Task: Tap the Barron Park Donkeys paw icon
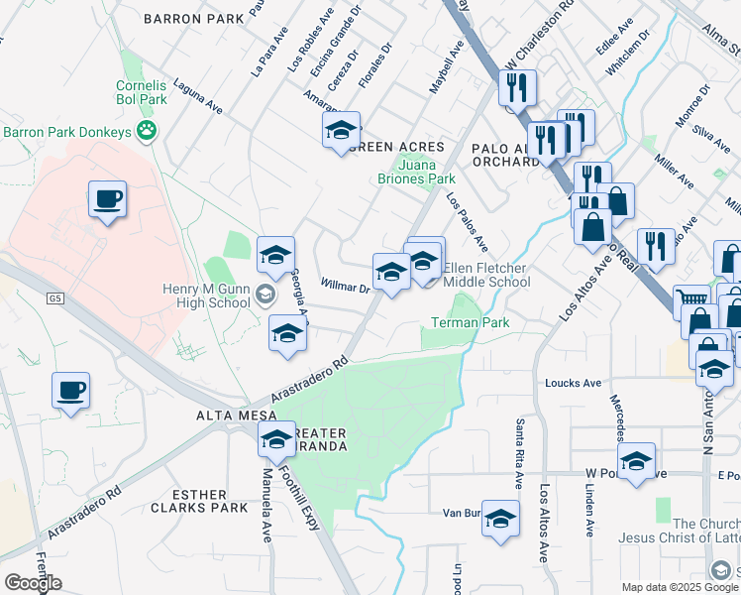click(148, 131)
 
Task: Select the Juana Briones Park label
click(415, 173)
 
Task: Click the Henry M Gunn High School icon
click(265, 294)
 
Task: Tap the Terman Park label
click(470, 323)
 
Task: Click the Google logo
click(33, 583)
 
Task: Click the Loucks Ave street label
click(573, 383)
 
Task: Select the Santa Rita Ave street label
click(518, 453)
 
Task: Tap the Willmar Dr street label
click(345, 287)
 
